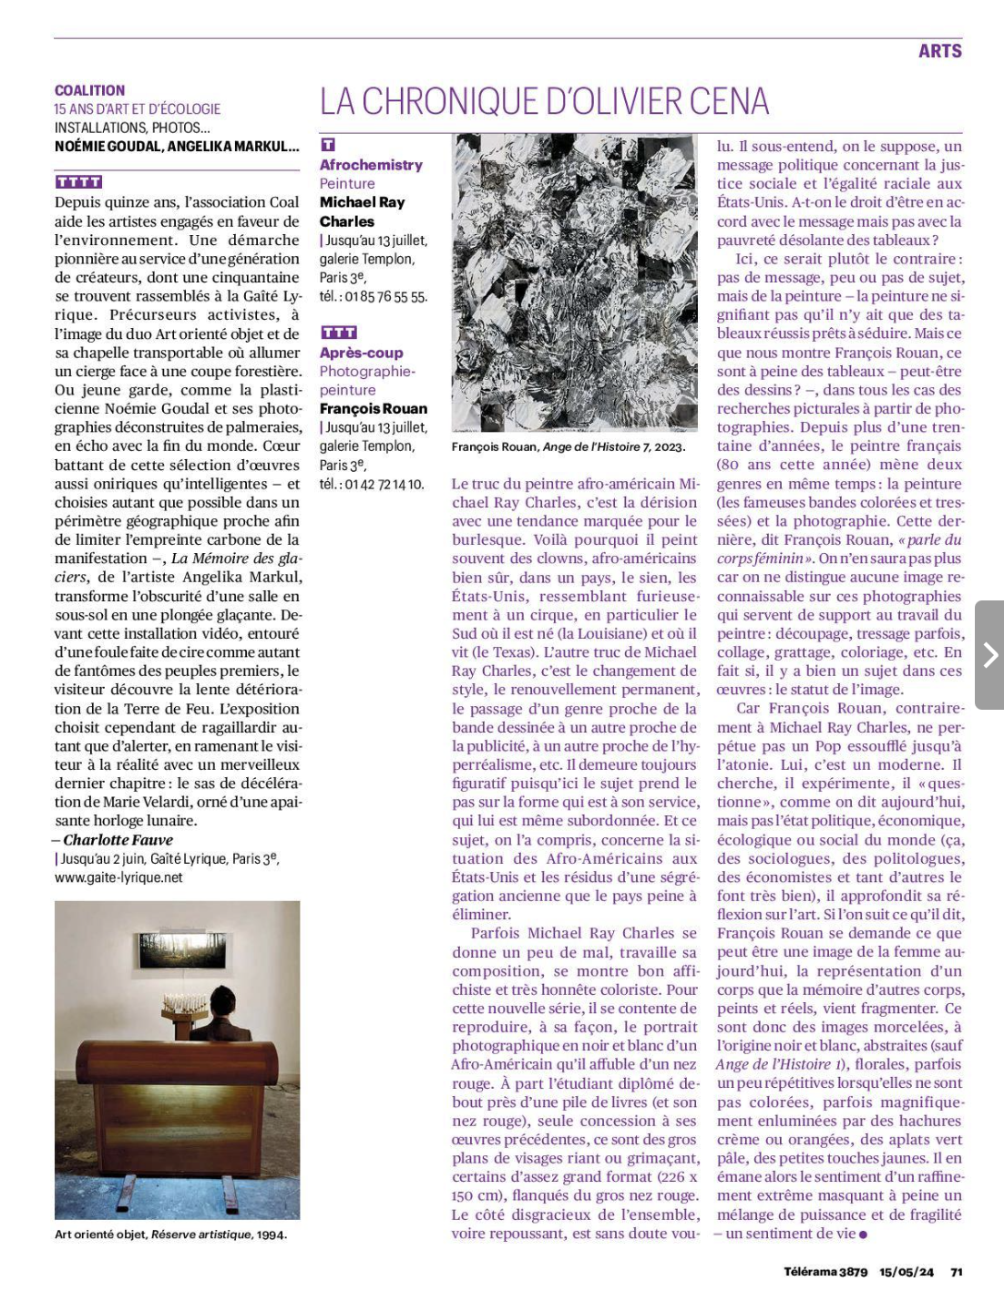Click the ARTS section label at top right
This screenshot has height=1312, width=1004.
pos(939,51)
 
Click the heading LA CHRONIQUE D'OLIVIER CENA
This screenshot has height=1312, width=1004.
pos(544,102)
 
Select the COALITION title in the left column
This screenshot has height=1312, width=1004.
pos(89,90)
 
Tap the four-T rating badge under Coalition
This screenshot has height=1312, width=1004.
pos(78,182)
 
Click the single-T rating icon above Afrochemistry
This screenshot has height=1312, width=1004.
pos(328,145)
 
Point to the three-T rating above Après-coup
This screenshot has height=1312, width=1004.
pos(338,333)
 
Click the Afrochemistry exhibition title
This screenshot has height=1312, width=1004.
pos(371,165)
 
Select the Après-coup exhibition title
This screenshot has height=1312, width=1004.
pos(361,353)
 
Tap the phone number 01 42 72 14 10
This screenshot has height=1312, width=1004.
pos(384,484)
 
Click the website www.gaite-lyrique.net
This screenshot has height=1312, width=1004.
pos(118,877)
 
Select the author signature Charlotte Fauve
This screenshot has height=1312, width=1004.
pos(118,840)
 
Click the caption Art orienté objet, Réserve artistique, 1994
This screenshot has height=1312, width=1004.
pos(170,1235)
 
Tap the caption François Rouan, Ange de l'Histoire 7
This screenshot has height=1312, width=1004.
pos(568,446)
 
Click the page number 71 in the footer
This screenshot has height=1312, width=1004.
pos(957,1272)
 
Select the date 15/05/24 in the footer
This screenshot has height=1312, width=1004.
pos(906,1272)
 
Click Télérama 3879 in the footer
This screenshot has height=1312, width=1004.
pos(825,1272)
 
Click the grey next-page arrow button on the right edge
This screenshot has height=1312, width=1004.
pos(989,654)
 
